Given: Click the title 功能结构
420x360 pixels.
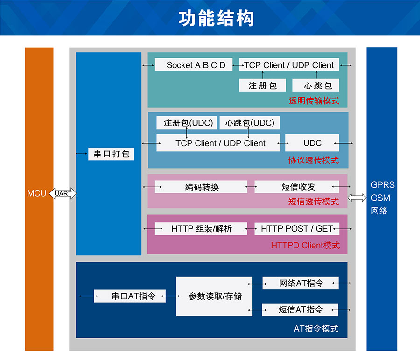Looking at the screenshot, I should tap(216, 19).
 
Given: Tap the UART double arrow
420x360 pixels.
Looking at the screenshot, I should tap(63, 193).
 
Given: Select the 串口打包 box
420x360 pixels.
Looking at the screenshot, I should tap(111, 154).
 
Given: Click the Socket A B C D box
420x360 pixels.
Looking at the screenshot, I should tap(196, 65).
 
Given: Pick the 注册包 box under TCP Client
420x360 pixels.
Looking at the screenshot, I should tap(262, 85).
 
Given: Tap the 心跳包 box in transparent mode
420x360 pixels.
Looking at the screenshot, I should tap(315, 85).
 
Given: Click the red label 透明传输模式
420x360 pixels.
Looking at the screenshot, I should tap(314, 100).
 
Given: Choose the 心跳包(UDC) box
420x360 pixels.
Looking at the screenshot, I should tap(250, 123).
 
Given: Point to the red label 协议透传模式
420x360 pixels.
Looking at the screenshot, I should tap(313, 161).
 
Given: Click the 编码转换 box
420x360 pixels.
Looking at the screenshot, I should tap(201, 187).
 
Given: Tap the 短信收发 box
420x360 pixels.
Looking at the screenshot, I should tap(297, 187).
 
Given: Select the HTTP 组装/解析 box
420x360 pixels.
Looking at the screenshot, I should tap(201, 229).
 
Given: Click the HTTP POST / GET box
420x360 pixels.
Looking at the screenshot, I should tap(297, 229).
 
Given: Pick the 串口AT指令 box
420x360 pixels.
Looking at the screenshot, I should tap(130, 296).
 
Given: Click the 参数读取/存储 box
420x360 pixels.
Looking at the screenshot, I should tap(214, 296).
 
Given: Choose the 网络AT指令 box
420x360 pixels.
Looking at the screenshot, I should tap(300, 283).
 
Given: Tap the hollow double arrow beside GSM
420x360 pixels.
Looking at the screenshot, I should tap(357, 198).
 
